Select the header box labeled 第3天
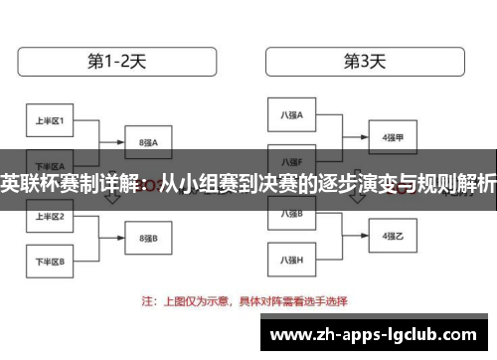[x=365, y=61]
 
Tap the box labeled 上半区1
[x=51, y=121]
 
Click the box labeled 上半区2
[x=51, y=216]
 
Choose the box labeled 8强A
[x=149, y=142]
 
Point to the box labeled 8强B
[x=149, y=240]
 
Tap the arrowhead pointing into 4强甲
[x=364, y=137]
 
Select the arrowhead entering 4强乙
[x=364, y=237]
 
